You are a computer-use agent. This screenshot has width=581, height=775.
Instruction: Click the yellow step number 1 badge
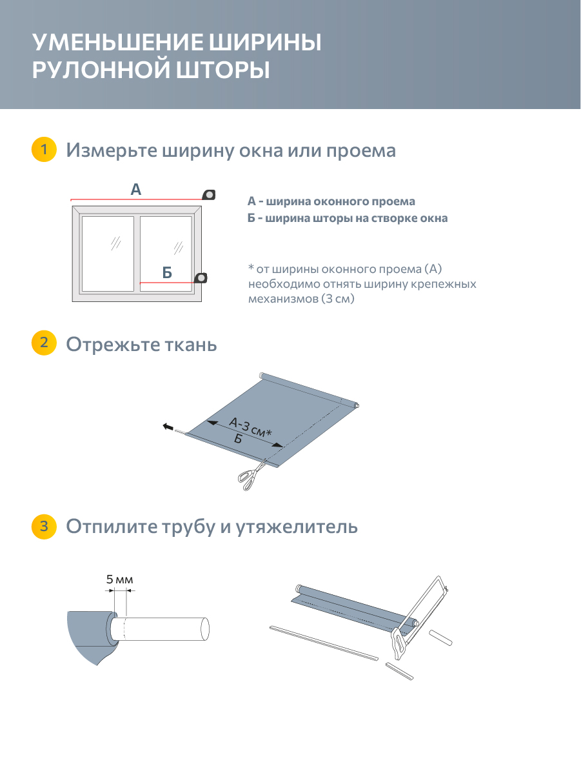click(43, 149)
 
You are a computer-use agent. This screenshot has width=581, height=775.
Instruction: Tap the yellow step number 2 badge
click(43, 343)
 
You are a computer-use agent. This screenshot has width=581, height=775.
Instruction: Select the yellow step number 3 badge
click(43, 526)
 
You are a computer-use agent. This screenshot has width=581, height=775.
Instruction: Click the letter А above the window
click(135, 190)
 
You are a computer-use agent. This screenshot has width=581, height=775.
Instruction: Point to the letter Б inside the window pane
click(167, 273)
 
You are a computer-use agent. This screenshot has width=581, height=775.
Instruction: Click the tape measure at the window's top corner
click(209, 194)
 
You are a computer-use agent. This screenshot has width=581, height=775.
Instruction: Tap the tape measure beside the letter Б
click(201, 277)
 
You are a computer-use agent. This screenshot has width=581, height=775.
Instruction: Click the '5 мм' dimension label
click(119, 580)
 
